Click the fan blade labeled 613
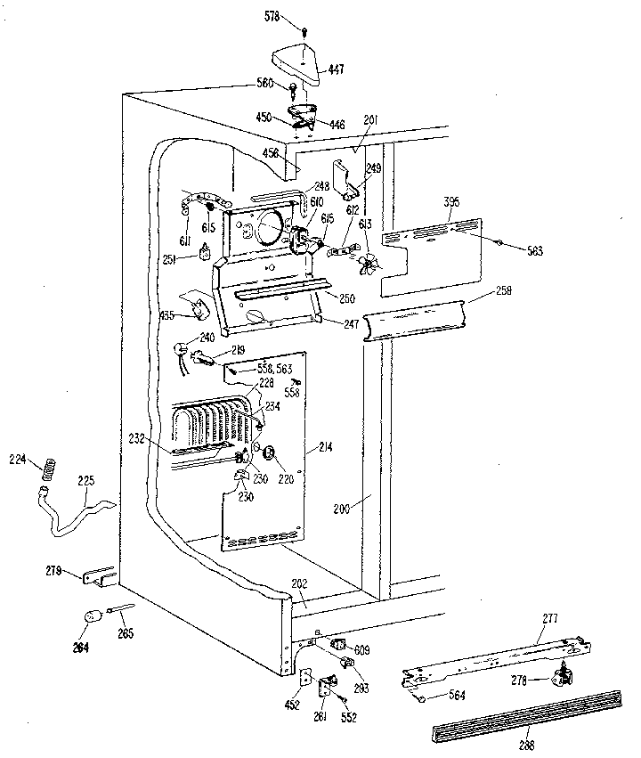368,264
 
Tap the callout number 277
549,618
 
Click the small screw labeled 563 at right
500,241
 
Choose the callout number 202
300,585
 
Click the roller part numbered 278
560,679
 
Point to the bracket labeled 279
98,577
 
